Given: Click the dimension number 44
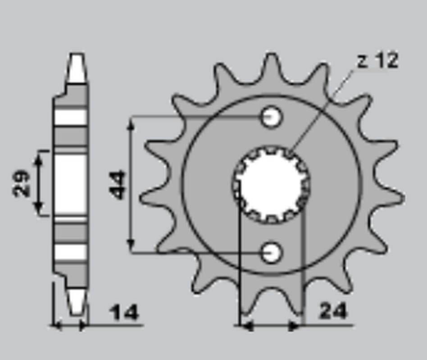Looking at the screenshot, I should (118, 184).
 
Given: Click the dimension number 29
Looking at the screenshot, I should (22, 183).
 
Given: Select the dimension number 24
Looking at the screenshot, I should (333, 311).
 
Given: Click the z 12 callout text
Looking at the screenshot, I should (377, 61).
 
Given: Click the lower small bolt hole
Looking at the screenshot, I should (272, 252).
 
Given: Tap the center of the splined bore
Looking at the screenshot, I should (272, 184).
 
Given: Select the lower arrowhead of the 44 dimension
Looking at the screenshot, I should (131, 246).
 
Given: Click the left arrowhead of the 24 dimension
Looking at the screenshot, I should (246, 325).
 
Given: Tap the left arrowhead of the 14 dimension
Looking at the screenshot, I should (57, 325).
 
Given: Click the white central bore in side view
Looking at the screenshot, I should (71, 184).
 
